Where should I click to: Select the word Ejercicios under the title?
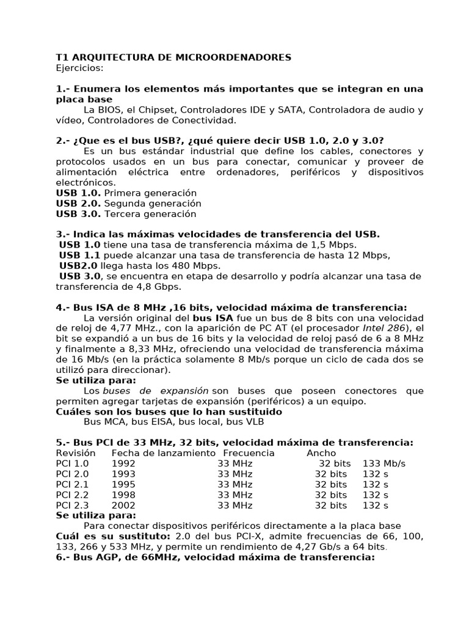(x=79, y=68)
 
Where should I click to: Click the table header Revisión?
(x=76, y=453)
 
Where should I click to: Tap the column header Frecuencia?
(x=249, y=453)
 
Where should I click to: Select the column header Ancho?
(x=321, y=453)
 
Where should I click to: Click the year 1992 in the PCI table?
(x=123, y=463)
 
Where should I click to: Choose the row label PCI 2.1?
(x=72, y=484)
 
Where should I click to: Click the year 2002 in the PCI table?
(x=123, y=505)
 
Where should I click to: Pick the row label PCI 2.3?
(x=72, y=505)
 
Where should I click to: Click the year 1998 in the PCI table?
(x=123, y=495)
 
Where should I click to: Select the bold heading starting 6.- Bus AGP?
(x=215, y=557)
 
